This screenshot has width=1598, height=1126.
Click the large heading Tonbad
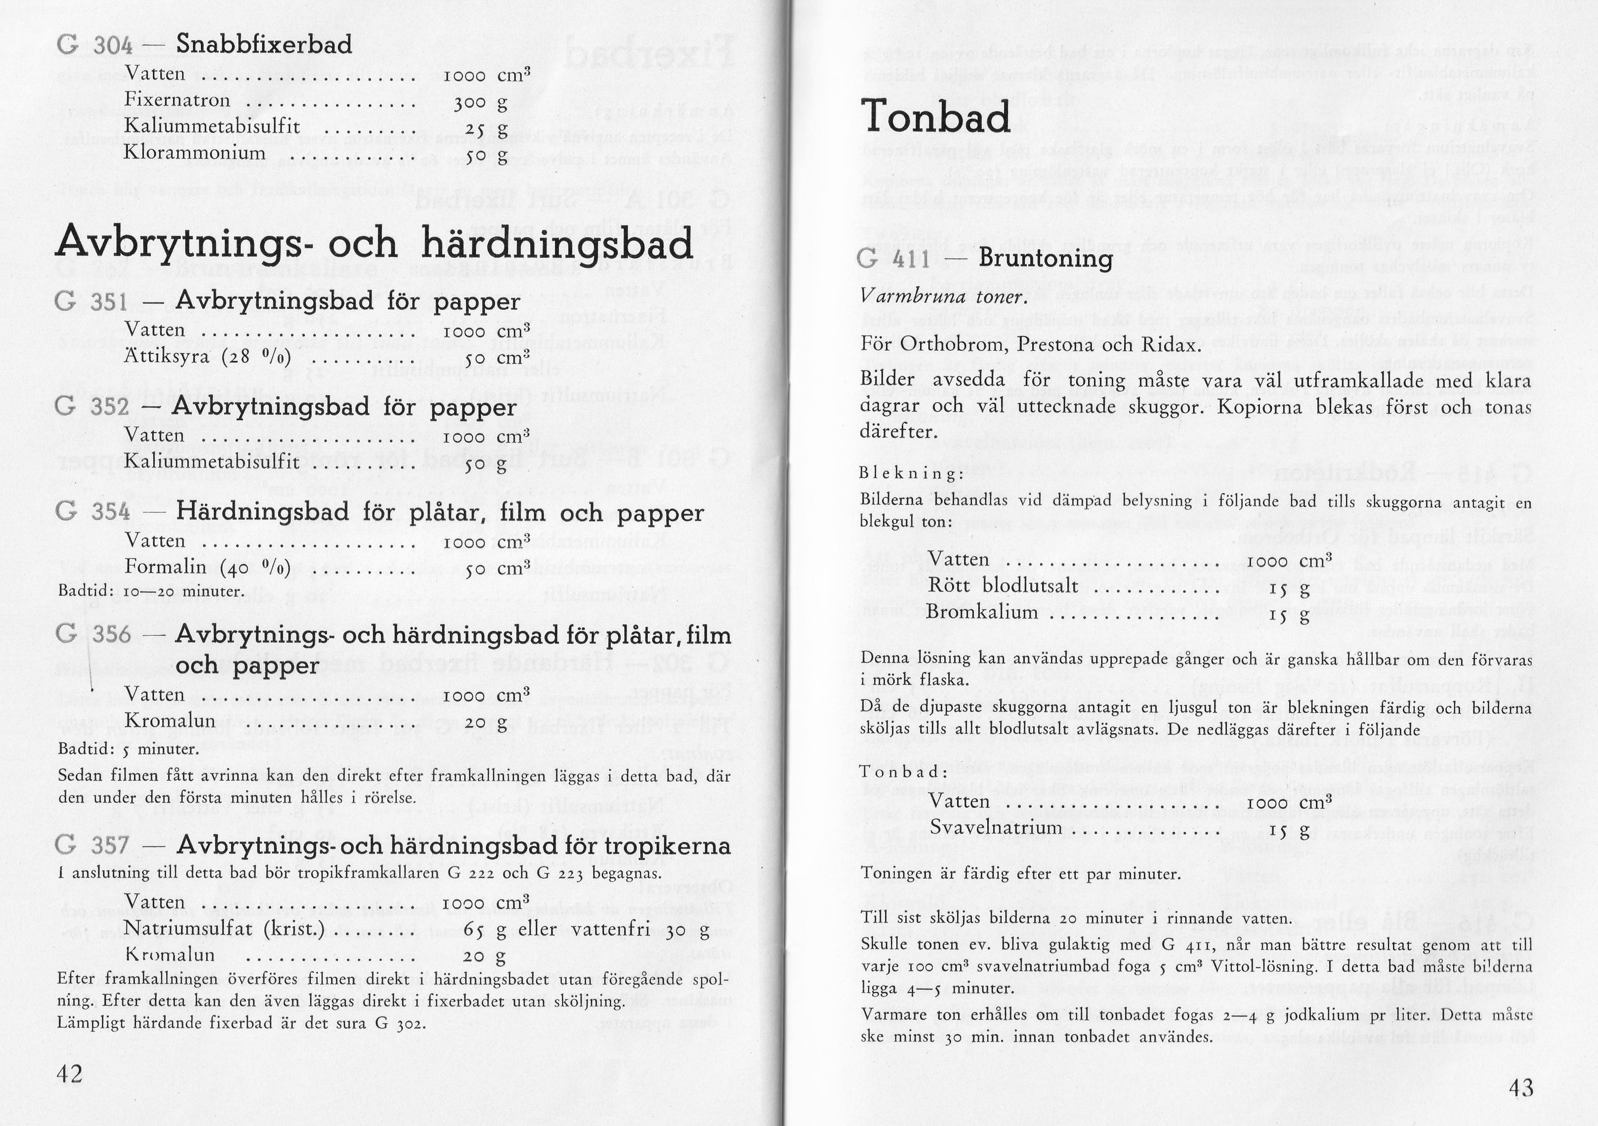935,117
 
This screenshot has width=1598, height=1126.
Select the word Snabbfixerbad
264,44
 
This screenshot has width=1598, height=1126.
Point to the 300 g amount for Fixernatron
480,104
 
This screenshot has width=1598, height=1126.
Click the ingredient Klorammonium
195,152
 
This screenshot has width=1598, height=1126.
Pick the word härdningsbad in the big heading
557,244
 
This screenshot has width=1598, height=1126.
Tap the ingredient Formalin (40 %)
208,567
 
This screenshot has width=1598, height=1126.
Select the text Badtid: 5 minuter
128,749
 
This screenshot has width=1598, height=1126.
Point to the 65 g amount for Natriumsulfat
484,930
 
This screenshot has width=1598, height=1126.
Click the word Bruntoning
1046,258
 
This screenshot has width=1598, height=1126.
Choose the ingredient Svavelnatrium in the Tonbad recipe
996,828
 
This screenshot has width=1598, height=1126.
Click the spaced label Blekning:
912,473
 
